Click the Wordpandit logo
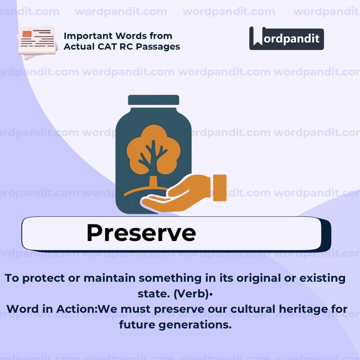(x=286, y=38)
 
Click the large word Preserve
(x=141, y=233)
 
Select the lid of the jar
(x=154, y=100)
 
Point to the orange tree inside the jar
(x=153, y=150)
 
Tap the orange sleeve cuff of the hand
(x=220, y=188)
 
